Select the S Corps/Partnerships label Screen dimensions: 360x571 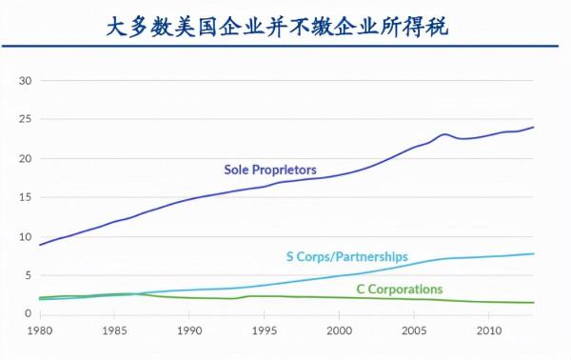pyautogui.click(x=346, y=257)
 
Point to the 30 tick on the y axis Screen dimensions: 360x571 pyautogui.click(x=27, y=81)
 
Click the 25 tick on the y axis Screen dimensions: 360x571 pyautogui.click(x=27, y=120)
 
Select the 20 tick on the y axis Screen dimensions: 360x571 pyautogui.click(x=27, y=159)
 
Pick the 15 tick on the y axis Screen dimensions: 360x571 pyautogui.click(x=27, y=198)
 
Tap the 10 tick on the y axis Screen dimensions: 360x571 pyautogui.click(x=27, y=237)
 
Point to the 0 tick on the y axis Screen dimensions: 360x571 pyautogui.click(x=30, y=312)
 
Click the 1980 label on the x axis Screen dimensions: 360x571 pyautogui.click(x=40, y=330)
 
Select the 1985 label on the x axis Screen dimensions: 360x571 pyautogui.click(x=114, y=330)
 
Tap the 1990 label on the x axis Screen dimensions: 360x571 pyautogui.click(x=189, y=330)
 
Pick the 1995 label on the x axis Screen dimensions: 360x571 pyautogui.click(x=265, y=330)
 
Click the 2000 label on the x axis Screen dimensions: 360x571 pyautogui.click(x=340, y=330)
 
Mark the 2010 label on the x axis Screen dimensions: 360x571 pyautogui.click(x=489, y=330)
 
